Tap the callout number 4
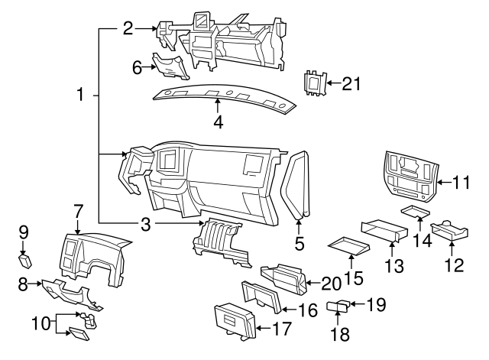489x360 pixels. tap(218, 122)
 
